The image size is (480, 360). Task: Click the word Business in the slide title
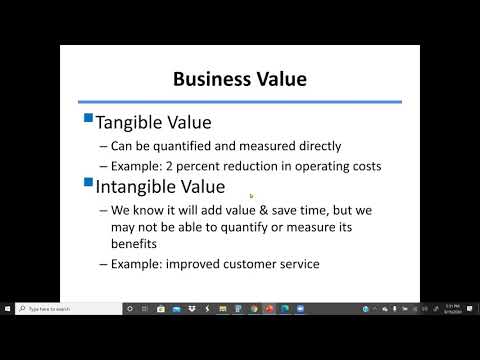205,78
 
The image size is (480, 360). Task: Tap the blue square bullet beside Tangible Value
88,119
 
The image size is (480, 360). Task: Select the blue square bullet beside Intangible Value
88,182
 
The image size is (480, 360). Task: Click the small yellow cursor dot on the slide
250,196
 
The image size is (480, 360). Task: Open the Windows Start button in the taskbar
9,309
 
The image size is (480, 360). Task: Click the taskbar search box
65,309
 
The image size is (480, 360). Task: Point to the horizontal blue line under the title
240,101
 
